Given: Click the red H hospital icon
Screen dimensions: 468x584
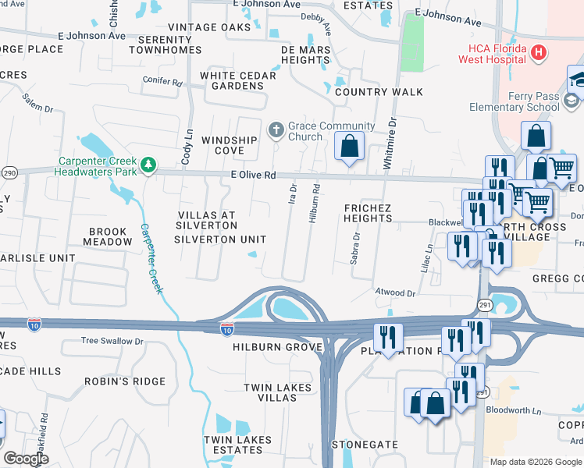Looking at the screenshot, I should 536,52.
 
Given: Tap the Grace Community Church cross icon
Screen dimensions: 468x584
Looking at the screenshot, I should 276,130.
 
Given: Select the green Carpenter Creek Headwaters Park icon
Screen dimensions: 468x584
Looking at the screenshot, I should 148,165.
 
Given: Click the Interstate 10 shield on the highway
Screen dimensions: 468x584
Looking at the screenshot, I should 226,330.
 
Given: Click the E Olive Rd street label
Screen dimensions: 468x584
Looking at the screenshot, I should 253,175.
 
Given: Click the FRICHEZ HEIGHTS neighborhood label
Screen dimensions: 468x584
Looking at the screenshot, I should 368,213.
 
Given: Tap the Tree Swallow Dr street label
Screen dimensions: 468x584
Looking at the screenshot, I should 113,342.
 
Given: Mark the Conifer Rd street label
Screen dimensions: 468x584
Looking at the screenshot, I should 162,81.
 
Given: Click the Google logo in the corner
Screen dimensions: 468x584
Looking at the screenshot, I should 26,459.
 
